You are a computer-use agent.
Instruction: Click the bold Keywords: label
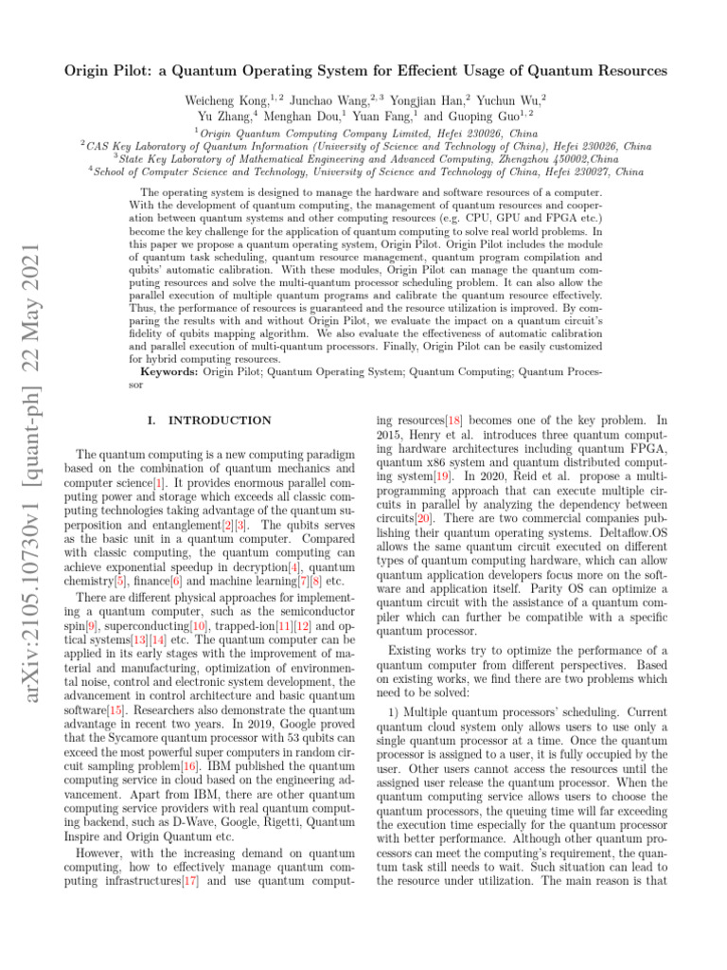tap(167, 372)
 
